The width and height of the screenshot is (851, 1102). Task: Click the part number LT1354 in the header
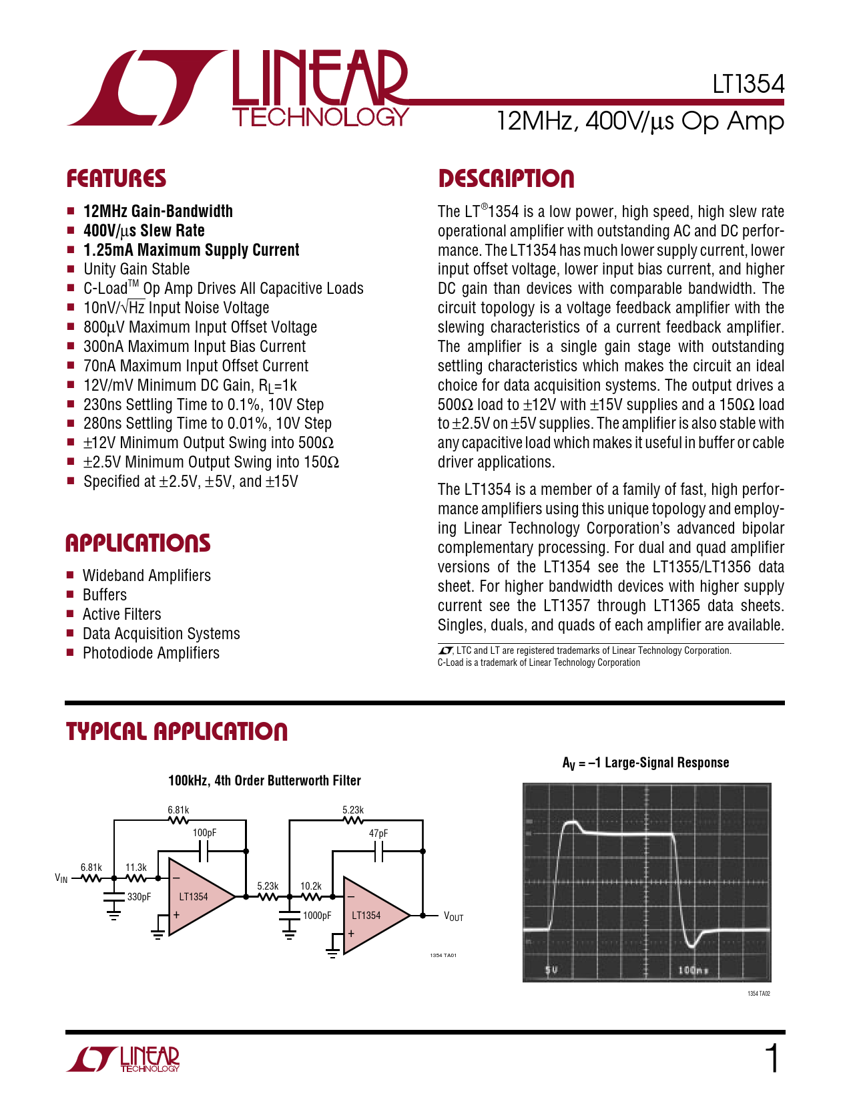pyautogui.click(x=748, y=84)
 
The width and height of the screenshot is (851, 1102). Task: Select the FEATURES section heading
pyautogui.click(x=116, y=179)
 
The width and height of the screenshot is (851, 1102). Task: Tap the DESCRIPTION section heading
pyautogui.click(x=506, y=179)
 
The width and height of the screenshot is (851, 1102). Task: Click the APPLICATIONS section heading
pyautogui.click(x=137, y=543)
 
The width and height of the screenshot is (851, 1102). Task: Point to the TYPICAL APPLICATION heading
pyautogui.click(x=177, y=731)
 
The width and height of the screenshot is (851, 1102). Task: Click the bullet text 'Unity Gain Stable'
pyautogui.click(x=136, y=269)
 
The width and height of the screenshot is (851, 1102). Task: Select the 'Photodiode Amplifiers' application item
pyautogui.click(x=151, y=653)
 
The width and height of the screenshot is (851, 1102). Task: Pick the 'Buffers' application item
pyautogui.click(x=105, y=595)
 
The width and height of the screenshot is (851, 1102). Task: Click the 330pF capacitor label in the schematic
pyautogui.click(x=139, y=897)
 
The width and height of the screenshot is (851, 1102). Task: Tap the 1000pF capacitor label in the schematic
pyautogui.click(x=317, y=916)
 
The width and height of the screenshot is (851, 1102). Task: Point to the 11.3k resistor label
pyautogui.click(x=136, y=868)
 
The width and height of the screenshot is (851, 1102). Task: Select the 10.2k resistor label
pyautogui.click(x=311, y=886)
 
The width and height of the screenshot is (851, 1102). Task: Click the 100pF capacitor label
pyautogui.click(x=205, y=833)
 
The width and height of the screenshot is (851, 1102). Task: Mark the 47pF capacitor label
pyautogui.click(x=378, y=834)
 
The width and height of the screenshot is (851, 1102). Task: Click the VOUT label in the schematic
pyautogui.click(x=453, y=916)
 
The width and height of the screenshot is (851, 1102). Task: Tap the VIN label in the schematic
pyautogui.click(x=61, y=878)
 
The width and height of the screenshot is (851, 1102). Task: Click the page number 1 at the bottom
pyautogui.click(x=772, y=1059)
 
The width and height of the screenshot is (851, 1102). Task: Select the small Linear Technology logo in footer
pyautogui.click(x=124, y=1059)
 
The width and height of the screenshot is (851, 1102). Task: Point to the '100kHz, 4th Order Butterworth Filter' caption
pyautogui.click(x=264, y=781)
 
